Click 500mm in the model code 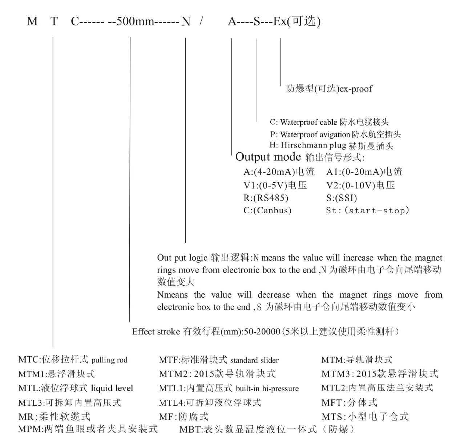tap(135, 22)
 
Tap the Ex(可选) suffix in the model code tap(296, 22)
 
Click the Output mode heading tap(268, 157)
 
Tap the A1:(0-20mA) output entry tap(364, 172)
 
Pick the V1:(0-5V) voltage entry tap(275, 185)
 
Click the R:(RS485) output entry tap(266, 198)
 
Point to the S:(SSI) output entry tap(342, 198)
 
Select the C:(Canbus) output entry tap(267, 210)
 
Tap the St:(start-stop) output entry tap(367, 210)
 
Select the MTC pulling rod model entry tap(73, 360)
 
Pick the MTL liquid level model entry tap(76, 388)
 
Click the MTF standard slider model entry tap(219, 360)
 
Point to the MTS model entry tap(365, 417)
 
